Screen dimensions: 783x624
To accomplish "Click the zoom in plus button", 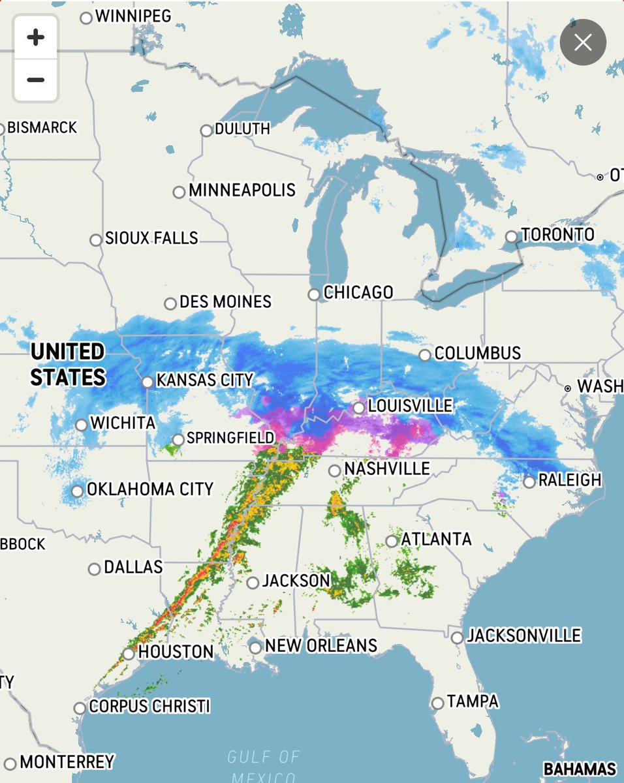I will pyautogui.click(x=36, y=37).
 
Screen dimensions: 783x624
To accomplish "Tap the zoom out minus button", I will pyautogui.click(x=36, y=80).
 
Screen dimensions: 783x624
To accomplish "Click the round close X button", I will pyautogui.click(x=583, y=43).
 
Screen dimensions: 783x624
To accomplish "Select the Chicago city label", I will pyautogui.click(x=358, y=292).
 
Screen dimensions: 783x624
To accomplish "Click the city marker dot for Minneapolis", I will pyautogui.click(x=179, y=192).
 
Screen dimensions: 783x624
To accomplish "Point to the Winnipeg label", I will pyautogui.click(x=133, y=16).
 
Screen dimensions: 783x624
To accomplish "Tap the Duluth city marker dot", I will pyautogui.click(x=207, y=130).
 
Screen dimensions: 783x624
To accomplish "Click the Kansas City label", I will pyautogui.click(x=204, y=380).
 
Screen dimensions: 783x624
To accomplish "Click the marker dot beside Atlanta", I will pyautogui.click(x=392, y=541).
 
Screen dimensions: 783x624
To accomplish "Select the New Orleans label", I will pyautogui.click(x=321, y=646).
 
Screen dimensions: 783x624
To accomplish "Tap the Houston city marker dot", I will pyautogui.click(x=129, y=653).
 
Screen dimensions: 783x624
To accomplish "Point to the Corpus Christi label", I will pyautogui.click(x=149, y=707).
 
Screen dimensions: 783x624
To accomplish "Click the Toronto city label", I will pyautogui.click(x=558, y=235).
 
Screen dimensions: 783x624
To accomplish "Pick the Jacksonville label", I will pyautogui.click(x=524, y=636).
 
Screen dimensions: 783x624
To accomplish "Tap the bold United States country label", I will pyautogui.click(x=68, y=365).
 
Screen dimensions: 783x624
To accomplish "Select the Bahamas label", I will pyautogui.click(x=580, y=769).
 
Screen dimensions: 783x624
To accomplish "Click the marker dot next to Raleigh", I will pyautogui.click(x=529, y=482).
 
